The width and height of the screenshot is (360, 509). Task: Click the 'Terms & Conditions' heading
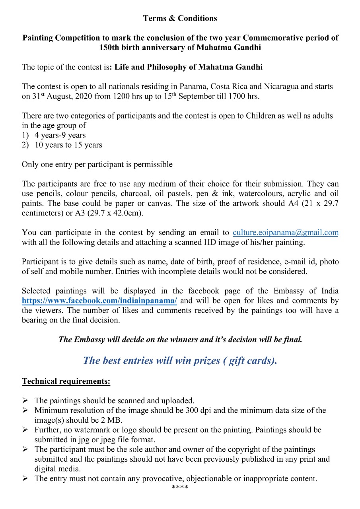[180, 18]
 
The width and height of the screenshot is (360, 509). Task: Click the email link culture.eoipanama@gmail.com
[285, 233]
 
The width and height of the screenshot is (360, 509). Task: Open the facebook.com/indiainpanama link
[99, 301]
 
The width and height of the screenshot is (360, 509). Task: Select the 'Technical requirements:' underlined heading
[66, 381]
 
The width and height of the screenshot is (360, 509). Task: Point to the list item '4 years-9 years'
[60, 135]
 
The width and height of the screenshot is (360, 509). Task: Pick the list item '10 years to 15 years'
[68, 145]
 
